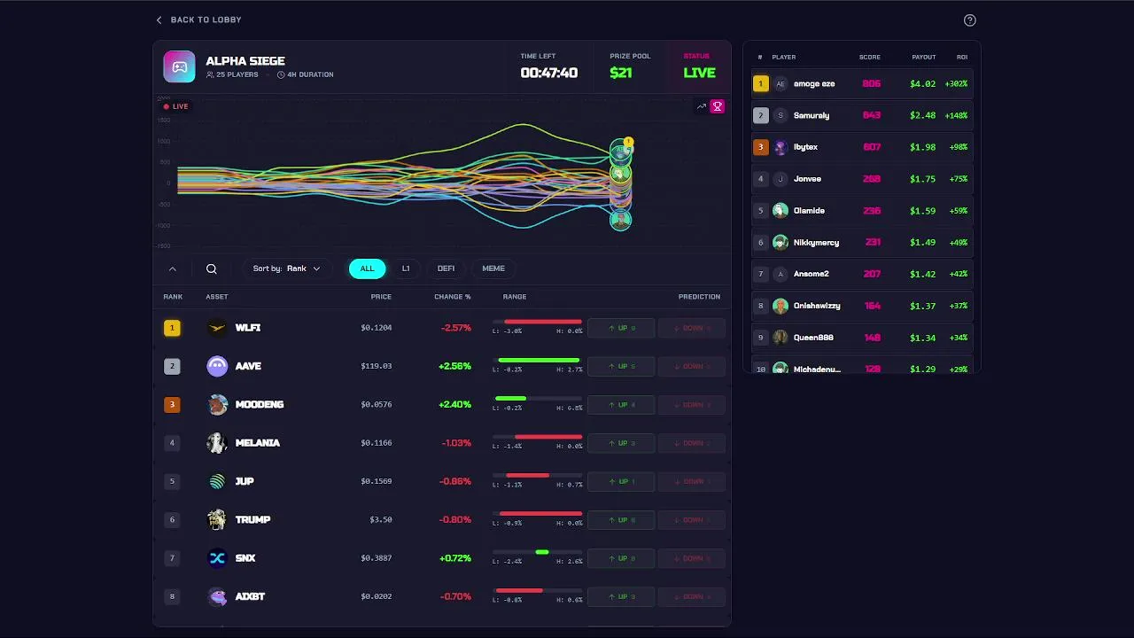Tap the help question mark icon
(x=969, y=20)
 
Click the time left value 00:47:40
(x=548, y=73)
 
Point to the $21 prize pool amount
(x=621, y=73)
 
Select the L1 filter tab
(x=406, y=268)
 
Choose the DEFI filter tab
(x=446, y=268)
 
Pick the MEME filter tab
(x=493, y=268)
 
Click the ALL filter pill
(x=367, y=268)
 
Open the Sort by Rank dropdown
(x=286, y=268)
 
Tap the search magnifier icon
(x=211, y=268)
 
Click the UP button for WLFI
(x=621, y=328)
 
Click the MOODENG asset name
(x=260, y=405)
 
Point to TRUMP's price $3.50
(x=381, y=520)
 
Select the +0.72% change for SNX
(x=455, y=558)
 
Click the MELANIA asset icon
(x=217, y=443)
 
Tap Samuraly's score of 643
(x=872, y=115)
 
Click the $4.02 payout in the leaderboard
(x=922, y=84)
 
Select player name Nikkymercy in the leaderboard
(x=816, y=243)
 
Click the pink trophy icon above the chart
(x=718, y=106)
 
